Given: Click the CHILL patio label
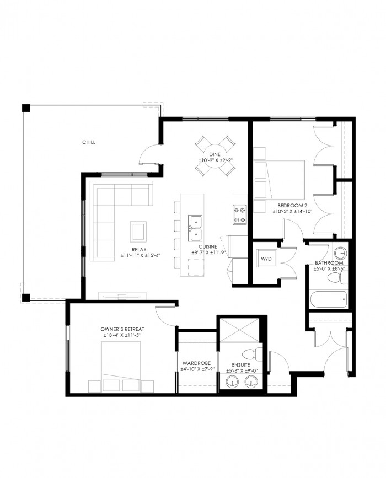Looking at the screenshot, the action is [x=89, y=142].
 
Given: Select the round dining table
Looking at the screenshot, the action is [x=215, y=156].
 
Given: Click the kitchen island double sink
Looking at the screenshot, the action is [x=195, y=228].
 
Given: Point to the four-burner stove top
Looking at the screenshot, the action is [x=240, y=214].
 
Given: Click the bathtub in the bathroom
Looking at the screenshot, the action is [x=328, y=300].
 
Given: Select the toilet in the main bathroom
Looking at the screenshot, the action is [x=337, y=277].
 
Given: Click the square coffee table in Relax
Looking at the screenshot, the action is [x=138, y=232].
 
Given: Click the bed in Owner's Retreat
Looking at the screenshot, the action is [x=121, y=367].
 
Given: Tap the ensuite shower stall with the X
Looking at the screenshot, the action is [x=240, y=330].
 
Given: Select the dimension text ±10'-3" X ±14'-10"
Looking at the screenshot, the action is [x=293, y=211].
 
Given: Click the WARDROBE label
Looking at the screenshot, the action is [x=196, y=363].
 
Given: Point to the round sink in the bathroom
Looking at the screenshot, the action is [x=340, y=253].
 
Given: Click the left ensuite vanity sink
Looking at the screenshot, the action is [x=233, y=382].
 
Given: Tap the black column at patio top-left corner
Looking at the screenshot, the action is [x=26, y=108].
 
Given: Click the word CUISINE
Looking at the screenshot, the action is [x=208, y=246].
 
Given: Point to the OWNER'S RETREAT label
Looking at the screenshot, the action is [x=122, y=329].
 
